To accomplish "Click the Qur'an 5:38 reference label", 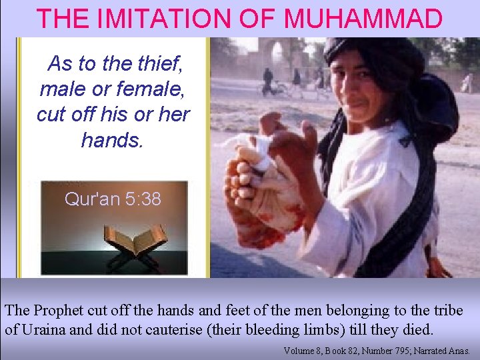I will click(113, 199).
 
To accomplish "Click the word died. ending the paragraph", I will click(417, 329).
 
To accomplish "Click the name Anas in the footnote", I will click(459, 350).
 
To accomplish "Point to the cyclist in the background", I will click(269, 81).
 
